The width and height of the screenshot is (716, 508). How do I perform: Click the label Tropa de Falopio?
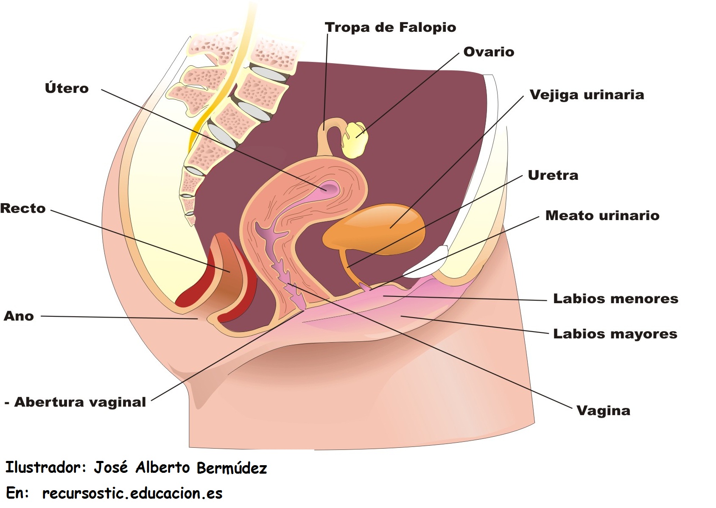390,28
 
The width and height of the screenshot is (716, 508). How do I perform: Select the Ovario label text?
489,52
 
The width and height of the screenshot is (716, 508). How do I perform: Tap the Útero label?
67,88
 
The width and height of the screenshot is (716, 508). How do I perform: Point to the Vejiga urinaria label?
587,95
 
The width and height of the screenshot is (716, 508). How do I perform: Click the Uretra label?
553,175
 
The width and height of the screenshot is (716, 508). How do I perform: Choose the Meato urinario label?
602,215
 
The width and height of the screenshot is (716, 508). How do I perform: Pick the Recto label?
23,208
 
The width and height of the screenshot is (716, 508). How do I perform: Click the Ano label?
19,316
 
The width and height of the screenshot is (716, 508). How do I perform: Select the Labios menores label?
615,299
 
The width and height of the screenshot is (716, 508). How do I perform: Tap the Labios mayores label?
615,334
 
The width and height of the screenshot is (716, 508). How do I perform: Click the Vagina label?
603,410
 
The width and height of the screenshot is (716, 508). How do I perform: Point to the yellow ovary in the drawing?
355,140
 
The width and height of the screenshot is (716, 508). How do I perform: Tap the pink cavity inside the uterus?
329,187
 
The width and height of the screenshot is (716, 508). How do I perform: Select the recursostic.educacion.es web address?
132,493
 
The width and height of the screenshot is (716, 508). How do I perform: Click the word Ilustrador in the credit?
42,467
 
